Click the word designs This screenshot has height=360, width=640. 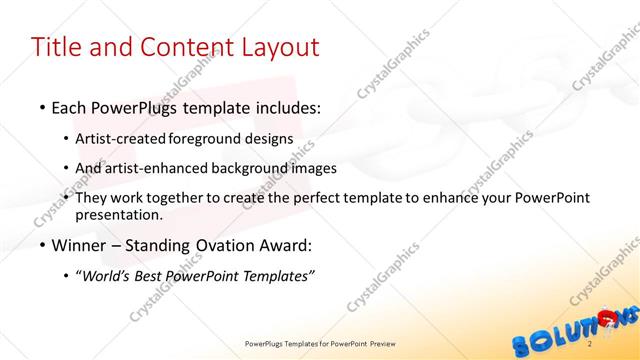pos(270,138)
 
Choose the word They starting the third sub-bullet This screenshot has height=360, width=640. pos(91,198)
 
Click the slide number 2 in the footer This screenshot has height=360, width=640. pos(591,344)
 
